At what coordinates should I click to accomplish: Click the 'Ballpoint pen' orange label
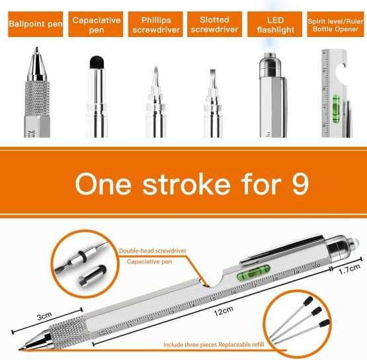tap(36, 24)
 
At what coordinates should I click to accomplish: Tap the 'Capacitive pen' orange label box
tap(96, 24)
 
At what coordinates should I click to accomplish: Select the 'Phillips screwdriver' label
tap(155, 24)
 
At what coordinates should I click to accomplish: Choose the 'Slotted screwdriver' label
tap(215, 24)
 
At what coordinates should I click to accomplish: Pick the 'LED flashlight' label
tap(275, 24)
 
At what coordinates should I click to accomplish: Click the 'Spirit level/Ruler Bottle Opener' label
tap(335, 24)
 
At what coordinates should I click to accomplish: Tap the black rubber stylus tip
tap(97, 62)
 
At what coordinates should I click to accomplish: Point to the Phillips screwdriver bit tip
tap(156, 68)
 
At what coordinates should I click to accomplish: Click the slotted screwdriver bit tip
tap(213, 70)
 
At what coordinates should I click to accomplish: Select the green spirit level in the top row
tap(336, 109)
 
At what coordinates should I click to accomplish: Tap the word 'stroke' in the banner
tap(186, 185)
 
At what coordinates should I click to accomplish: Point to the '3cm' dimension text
tap(44, 316)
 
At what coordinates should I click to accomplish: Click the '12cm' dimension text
tap(224, 311)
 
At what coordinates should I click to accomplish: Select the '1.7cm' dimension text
tap(349, 269)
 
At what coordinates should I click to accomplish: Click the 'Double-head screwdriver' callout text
tap(153, 251)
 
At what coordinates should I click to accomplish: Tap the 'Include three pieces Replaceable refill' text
tap(214, 345)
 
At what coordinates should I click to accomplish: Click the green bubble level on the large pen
tap(253, 273)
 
